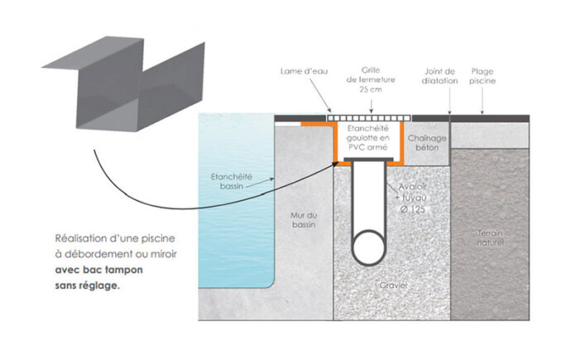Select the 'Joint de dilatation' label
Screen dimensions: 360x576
[440, 76]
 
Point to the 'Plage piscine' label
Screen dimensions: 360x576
[483, 76]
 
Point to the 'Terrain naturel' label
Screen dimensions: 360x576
[491, 239]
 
